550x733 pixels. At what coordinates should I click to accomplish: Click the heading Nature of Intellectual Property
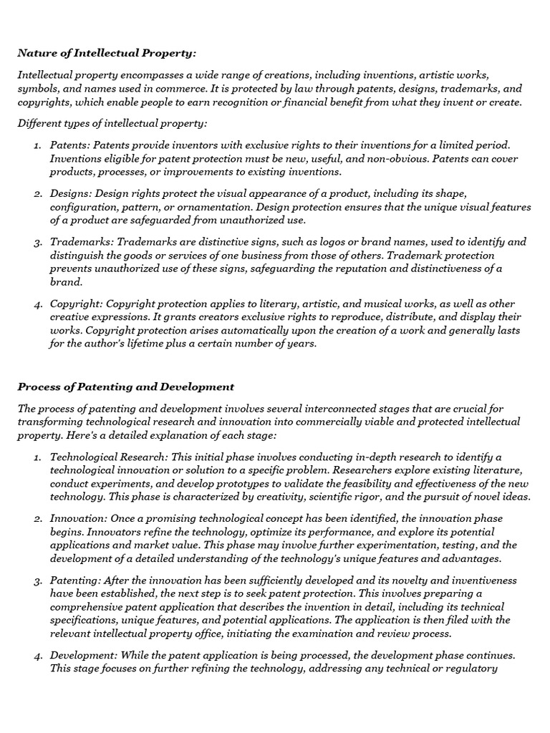(107, 53)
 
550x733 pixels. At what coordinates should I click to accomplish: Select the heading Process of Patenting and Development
(126, 387)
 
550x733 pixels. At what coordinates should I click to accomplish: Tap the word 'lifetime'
(162, 344)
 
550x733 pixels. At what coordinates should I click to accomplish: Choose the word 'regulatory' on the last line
(471, 669)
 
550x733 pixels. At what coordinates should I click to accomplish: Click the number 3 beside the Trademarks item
(37, 243)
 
